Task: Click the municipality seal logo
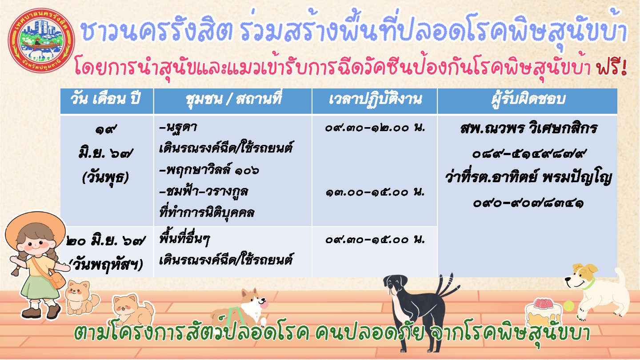pyautogui.click(x=42, y=40)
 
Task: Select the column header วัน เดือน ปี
pyautogui.click(x=105, y=99)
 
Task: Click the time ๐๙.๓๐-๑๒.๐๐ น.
pyautogui.click(x=375, y=128)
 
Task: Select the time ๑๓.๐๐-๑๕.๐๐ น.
pyautogui.click(x=375, y=192)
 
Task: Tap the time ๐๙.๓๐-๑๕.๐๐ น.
pyautogui.click(x=375, y=240)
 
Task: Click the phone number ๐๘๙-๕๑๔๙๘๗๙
pyautogui.click(x=528, y=154)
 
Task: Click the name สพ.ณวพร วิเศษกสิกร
pyautogui.click(x=528, y=128)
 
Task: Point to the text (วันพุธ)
pyautogui.click(x=105, y=178)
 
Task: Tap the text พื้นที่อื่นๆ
pyautogui.click(x=184, y=240)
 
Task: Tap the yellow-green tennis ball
pyautogui.click(x=568, y=306)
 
